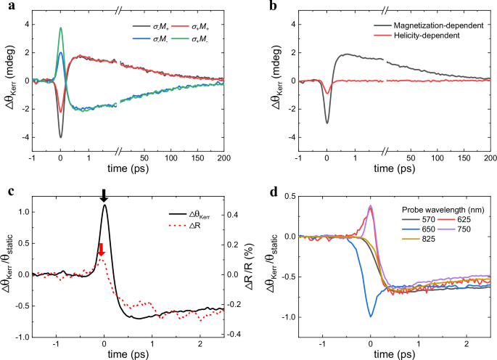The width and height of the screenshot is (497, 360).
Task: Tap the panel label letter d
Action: tap(259, 192)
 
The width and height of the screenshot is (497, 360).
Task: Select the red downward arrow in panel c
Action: tap(102, 249)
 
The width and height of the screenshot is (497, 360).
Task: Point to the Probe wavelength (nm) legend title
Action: tap(443, 208)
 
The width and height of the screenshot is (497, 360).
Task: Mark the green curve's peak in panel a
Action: tap(61, 28)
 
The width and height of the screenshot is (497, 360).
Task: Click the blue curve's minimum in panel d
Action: tap(371, 316)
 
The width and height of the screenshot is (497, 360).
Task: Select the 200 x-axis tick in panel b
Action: tap(490, 158)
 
